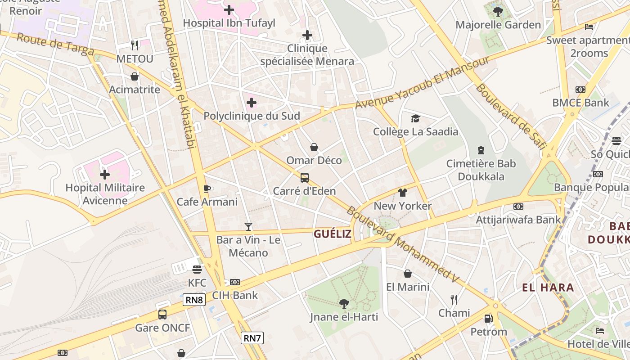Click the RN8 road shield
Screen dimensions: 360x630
point(194,300)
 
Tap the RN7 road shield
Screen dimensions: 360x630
point(252,337)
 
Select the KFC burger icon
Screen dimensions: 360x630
point(197,270)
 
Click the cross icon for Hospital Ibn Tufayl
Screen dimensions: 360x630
point(229,9)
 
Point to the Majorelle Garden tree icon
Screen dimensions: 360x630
point(498,11)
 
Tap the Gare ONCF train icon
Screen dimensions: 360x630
point(162,314)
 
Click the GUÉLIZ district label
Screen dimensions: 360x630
point(333,234)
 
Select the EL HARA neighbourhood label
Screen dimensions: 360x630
point(548,288)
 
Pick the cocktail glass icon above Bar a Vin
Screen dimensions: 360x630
point(248,226)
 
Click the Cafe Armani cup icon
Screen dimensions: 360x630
point(207,189)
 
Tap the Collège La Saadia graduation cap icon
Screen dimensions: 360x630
point(415,118)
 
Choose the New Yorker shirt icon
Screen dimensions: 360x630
point(403,193)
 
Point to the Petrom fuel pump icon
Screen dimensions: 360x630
point(488,319)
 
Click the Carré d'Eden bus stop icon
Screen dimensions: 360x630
point(305,177)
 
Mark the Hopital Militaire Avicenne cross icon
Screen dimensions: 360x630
point(105,174)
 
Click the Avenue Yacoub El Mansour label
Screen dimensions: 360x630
point(422,82)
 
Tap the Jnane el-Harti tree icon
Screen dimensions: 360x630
point(344,304)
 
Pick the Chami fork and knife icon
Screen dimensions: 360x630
point(454,299)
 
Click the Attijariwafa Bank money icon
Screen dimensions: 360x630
point(518,207)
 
